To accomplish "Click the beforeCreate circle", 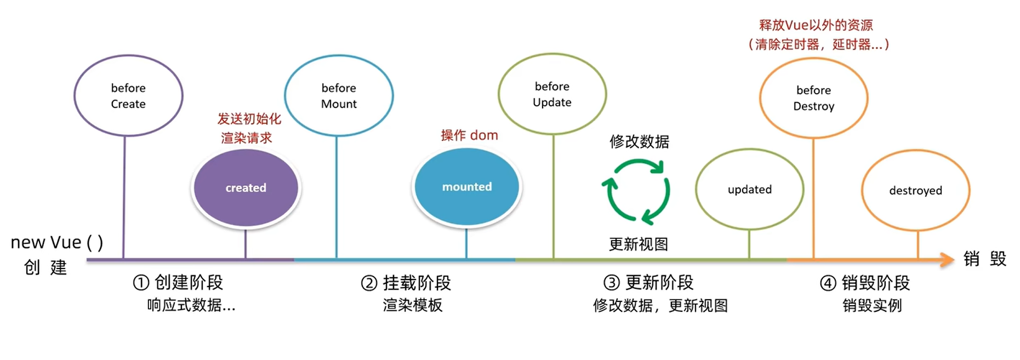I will point(128,96).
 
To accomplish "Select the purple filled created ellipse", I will point(246,187).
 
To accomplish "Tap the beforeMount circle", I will point(339,96).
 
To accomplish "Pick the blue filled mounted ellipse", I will point(466,187).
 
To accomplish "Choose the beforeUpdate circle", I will point(552,94).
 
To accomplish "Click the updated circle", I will point(749,190).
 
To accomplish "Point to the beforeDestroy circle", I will point(813,98).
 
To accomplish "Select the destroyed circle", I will point(915,191).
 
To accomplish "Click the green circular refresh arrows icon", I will point(636,191).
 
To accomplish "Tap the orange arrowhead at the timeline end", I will point(947,260).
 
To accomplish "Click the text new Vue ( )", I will point(57,242).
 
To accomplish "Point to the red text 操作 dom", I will point(469,135).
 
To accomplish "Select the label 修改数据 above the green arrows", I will point(639,142).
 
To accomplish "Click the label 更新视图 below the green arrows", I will point(639,244).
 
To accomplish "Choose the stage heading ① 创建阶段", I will point(178,283).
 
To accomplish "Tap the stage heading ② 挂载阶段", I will point(406,283).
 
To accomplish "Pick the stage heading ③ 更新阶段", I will point(648,283).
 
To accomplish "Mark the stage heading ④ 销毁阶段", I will point(865,283).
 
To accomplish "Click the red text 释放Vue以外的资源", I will point(816,25).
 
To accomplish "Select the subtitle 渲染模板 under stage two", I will point(412,305).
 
